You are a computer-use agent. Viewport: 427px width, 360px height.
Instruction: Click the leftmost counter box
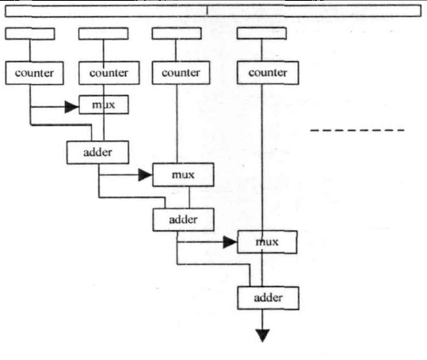(34, 73)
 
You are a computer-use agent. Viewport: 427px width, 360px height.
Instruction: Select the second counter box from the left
(109, 73)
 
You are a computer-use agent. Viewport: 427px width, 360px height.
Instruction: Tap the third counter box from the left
(181, 72)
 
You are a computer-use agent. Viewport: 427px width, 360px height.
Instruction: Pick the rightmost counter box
(268, 72)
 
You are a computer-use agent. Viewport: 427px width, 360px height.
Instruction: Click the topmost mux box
(104, 105)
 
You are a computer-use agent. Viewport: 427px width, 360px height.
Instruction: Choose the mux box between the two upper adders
(183, 174)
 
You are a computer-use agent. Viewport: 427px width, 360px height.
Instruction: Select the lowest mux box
(267, 242)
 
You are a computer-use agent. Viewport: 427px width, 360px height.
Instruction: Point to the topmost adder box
(97, 152)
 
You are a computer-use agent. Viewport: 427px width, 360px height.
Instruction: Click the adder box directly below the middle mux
(183, 220)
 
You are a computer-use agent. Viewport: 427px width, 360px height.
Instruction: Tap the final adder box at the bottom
(269, 298)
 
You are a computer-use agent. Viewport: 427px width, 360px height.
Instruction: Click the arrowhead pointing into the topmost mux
(72, 107)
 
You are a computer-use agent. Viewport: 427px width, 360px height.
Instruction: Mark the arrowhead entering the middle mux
(146, 174)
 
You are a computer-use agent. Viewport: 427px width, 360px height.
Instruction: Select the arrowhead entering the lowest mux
(230, 242)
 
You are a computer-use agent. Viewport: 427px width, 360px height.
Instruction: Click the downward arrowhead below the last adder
(262, 335)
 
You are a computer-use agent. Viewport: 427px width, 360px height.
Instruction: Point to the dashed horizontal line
(357, 130)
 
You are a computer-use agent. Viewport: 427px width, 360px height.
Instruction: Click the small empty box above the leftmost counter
(30, 34)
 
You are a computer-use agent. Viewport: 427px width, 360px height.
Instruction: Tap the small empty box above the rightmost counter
(261, 33)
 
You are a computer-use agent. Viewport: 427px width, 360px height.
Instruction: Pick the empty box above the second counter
(104, 33)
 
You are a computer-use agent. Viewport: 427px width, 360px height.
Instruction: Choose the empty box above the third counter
(177, 33)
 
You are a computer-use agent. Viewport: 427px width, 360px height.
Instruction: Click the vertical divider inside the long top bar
(207, 10)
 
